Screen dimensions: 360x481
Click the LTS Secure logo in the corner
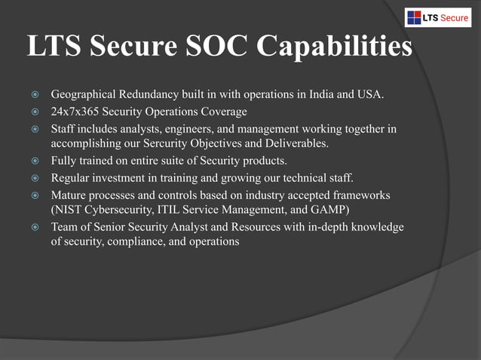pyautogui.click(x=437, y=17)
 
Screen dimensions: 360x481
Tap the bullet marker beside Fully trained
pyautogui.click(x=34, y=161)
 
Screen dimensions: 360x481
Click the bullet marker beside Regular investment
pyautogui.click(x=34, y=178)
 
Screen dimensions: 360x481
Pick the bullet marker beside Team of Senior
pyautogui.click(x=34, y=227)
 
